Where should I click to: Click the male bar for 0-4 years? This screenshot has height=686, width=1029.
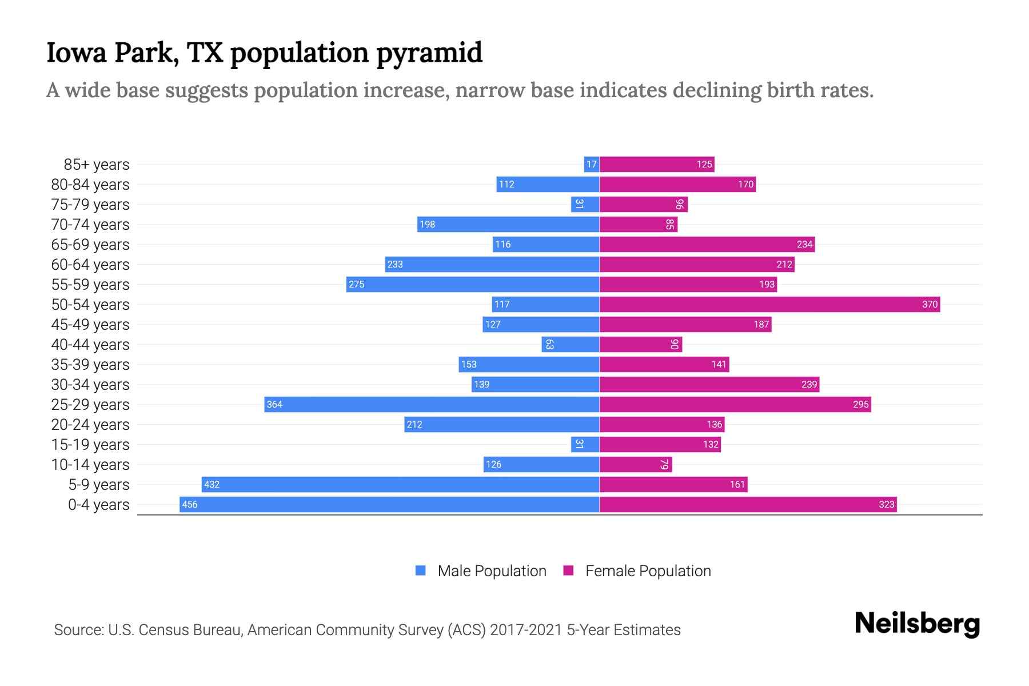(389, 504)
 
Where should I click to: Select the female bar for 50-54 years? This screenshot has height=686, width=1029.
(769, 304)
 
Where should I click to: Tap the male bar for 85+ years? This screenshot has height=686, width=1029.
(592, 165)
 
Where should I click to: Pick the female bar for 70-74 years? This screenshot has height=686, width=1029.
(638, 224)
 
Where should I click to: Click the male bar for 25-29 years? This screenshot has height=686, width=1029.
(432, 404)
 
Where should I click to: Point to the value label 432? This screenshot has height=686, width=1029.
(212, 484)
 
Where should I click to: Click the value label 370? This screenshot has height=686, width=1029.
(930, 304)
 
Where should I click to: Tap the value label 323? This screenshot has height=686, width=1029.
(886, 504)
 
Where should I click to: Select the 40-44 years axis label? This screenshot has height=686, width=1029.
(90, 345)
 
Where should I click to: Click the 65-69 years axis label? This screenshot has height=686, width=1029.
(90, 245)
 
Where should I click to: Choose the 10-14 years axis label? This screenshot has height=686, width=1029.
(90, 465)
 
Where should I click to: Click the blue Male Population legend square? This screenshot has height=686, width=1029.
(421, 571)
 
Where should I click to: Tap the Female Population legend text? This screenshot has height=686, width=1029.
(648, 571)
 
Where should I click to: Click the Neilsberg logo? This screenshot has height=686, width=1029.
(917, 624)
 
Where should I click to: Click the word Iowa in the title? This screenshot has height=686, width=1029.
(77, 53)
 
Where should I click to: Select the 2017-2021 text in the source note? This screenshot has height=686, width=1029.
(525, 630)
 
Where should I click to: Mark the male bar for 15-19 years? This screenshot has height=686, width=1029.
(585, 444)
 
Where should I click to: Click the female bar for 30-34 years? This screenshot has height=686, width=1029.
(709, 384)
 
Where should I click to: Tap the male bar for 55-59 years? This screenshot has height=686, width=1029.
(472, 284)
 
